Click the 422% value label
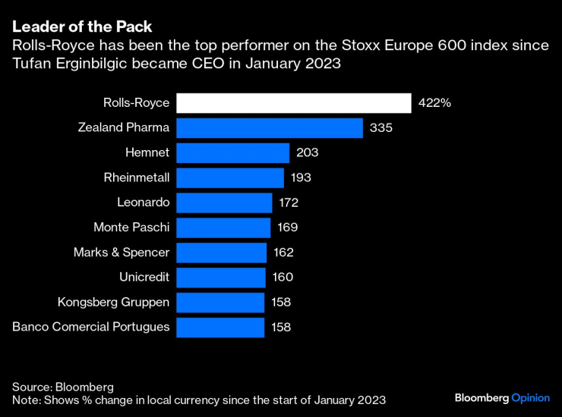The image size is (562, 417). pos(434,103)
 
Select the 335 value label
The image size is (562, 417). pos(380,128)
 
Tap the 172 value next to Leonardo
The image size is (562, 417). pos(289,202)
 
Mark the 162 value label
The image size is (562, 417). pos(283,252)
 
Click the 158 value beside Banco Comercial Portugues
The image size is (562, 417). pos(281,328)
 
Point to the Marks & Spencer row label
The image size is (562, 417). pos(122,252)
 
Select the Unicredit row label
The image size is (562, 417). pos(144,277)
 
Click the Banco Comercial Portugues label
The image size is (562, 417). pos(91,328)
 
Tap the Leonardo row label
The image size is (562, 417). pos(144,202)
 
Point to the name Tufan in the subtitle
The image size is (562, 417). pos(30,64)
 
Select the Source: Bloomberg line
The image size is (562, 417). pos(62,385)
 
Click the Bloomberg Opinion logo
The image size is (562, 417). pos(502,398)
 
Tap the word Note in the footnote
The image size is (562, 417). pos(25,400)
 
